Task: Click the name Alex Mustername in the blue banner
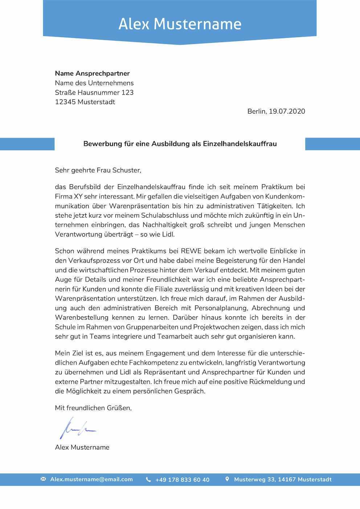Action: coord(180,24)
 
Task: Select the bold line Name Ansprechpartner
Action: coord(92,73)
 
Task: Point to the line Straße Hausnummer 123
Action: coord(94,93)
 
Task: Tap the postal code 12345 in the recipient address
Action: coord(65,102)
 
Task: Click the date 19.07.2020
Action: coord(287,111)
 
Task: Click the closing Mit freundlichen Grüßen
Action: coord(93,408)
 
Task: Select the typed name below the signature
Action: coord(82,447)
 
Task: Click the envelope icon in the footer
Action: coord(43,479)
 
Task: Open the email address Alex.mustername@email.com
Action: coord(91,479)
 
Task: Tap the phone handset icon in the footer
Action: coord(148,480)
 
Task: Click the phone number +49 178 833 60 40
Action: coord(182,480)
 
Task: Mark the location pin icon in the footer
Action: coord(227,479)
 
